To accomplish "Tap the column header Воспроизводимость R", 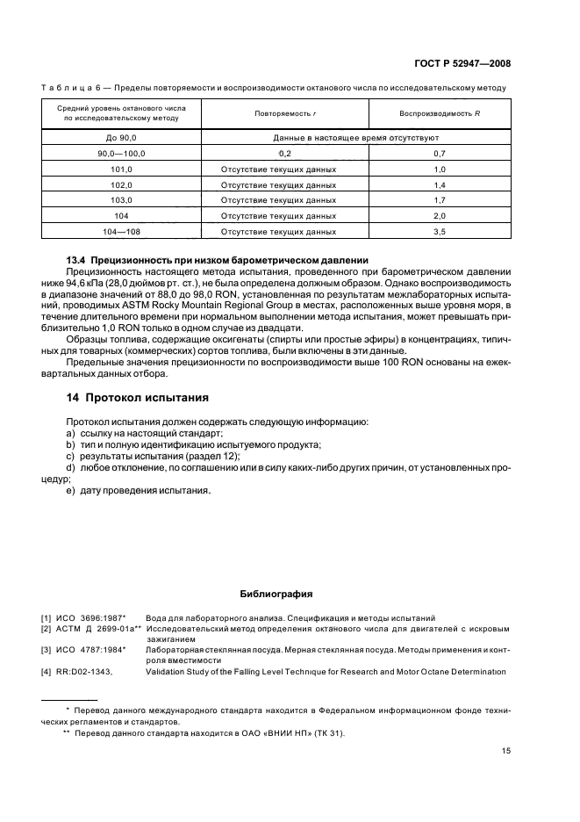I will pos(440,114).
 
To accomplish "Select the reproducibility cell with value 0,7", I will pos(440,153).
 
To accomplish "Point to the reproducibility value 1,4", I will pos(440,184).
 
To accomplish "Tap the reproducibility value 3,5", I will pos(440,232).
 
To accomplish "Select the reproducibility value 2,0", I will pos(440,216).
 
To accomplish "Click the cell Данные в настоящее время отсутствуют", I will pos(355,138).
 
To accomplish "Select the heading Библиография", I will pos(276,594).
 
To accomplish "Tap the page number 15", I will pos(506,750).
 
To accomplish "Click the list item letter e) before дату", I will pos(70,490).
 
